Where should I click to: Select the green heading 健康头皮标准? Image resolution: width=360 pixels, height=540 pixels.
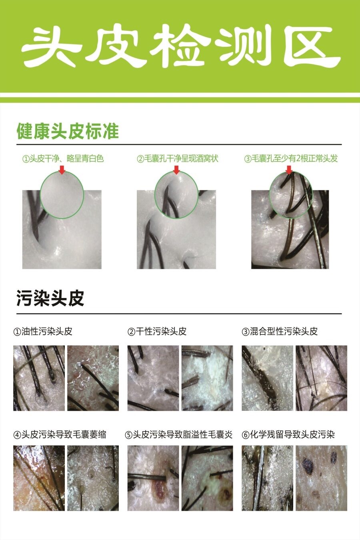coord(68,131)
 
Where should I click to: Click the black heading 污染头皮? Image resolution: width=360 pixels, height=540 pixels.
coord(50,298)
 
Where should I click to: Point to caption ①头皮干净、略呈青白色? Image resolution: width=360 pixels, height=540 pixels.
coord(63,159)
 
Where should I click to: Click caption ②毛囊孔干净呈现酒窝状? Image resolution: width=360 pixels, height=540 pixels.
coord(178,159)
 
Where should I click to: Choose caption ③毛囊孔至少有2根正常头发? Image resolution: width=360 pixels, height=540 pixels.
coord(291,159)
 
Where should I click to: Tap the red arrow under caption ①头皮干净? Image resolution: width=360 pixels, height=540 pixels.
coord(62,170)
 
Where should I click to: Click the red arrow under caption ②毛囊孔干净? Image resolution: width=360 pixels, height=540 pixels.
coord(176,170)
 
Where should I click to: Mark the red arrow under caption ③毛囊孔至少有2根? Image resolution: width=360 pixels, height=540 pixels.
coord(289,170)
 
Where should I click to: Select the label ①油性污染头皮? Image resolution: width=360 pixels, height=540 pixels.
coord(43,332)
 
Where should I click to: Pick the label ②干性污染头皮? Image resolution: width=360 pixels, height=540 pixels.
coord(157,332)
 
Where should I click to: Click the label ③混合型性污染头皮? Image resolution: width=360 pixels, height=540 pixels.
coord(280,332)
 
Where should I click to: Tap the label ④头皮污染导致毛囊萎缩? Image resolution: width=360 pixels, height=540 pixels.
coord(60,434)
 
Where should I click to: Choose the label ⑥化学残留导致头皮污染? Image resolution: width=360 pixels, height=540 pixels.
coord(288,434)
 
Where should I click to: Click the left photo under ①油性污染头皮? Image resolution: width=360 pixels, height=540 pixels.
coord(39,378)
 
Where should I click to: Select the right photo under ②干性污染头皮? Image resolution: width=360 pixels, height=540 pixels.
coord(207,378)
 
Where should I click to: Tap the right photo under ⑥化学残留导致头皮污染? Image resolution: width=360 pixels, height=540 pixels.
coord(321,478)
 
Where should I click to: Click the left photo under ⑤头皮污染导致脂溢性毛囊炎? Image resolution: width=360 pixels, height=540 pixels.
coord(153,478)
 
